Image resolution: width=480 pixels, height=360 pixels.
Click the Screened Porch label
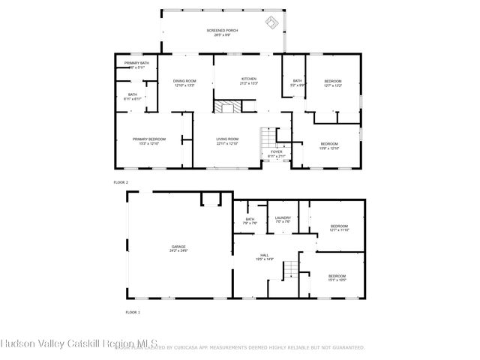pyautogui.click(x=222, y=32)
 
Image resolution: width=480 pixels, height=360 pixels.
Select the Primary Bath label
pyautogui.click(x=136, y=65)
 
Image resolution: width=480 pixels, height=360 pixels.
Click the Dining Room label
pyautogui.click(x=184, y=83)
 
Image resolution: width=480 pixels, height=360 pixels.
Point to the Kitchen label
pyautogui.click(x=248, y=80)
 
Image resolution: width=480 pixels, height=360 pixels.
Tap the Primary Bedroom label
pyautogui.click(x=149, y=140)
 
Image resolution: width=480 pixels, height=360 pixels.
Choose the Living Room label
pyautogui.click(x=227, y=140)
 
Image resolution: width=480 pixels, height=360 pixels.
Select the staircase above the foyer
pyautogui.click(x=268, y=138)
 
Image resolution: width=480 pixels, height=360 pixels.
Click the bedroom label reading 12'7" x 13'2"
pyautogui.click(x=333, y=83)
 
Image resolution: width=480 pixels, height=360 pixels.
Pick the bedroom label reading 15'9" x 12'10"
pyautogui.click(x=330, y=145)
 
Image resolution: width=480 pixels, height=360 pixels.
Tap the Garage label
pyautogui.click(x=178, y=249)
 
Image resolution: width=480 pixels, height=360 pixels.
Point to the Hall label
pyautogui.click(x=265, y=257)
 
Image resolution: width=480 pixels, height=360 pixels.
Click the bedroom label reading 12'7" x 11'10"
pyautogui.click(x=339, y=228)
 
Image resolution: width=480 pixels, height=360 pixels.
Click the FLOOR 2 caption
pyautogui.click(x=121, y=182)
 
